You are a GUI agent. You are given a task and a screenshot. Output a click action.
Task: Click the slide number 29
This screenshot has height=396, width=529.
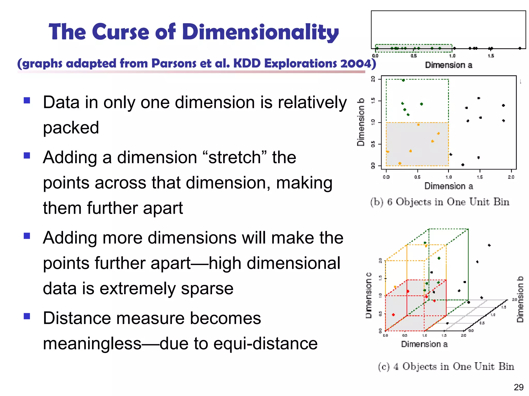518,387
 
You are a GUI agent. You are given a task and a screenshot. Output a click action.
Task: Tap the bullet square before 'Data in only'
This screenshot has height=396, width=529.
27,100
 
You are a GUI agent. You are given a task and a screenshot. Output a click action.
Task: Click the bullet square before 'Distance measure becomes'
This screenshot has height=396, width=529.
27,316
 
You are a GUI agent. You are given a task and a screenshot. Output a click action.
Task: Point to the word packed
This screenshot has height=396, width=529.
71,128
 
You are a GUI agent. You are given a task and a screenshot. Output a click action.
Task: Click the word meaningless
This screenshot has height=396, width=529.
92,344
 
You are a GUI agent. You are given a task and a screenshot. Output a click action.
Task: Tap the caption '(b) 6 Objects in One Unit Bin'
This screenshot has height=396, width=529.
440,202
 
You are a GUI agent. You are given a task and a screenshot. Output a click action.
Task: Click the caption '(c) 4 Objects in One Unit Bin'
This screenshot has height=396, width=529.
446,366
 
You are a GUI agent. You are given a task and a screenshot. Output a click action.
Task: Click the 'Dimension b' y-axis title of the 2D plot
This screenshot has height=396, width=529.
361,122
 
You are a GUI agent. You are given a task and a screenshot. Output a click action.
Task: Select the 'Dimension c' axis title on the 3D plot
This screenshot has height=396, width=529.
369,295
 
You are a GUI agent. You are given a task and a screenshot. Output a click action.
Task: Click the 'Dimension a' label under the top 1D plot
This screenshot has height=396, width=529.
448,65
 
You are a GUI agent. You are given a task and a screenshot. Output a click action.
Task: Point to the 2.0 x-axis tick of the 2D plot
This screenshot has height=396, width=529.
511,177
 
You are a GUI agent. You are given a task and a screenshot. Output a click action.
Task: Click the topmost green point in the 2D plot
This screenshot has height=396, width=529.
403,80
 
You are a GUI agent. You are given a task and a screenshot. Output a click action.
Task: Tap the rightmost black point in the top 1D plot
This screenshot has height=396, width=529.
520,48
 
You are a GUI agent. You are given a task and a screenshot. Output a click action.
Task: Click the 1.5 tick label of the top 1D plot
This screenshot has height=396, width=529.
491,56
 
